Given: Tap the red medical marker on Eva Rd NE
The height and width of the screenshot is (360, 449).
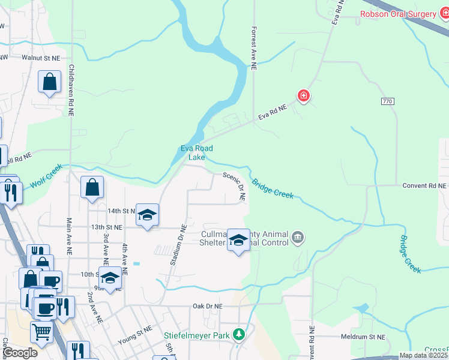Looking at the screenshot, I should (x=304, y=96).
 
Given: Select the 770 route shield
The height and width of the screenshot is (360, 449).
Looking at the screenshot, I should (x=387, y=102).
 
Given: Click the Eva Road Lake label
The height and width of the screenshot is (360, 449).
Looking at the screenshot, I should (x=197, y=153).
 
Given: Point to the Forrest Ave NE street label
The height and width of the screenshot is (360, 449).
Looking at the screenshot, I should (x=254, y=49).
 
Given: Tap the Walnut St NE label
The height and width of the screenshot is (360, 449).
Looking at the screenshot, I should (x=41, y=58).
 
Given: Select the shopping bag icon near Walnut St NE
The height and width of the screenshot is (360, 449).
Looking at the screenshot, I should (x=49, y=82).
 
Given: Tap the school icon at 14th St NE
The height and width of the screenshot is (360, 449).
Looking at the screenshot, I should (x=146, y=215).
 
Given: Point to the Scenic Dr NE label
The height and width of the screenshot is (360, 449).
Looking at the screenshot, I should (x=235, y=185).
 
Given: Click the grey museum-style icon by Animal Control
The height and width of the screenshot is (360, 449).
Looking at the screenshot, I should (x=298, y=239).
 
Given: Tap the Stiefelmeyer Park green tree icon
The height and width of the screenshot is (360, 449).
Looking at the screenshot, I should (x=239, y=334).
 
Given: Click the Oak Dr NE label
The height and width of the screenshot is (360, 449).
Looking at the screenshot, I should (x=208, y=305).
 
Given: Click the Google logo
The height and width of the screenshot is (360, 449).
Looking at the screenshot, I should (x=19, y=353).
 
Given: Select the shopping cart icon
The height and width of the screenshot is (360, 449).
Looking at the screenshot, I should (x=41, y=331).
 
